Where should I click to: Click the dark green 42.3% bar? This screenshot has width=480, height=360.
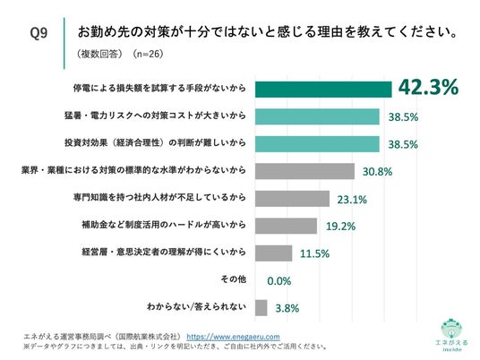323,90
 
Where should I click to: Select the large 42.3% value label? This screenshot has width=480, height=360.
428,87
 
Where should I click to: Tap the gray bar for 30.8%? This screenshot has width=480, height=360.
304,171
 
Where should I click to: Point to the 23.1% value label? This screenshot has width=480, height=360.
352,200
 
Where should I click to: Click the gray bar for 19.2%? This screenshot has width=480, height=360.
286,226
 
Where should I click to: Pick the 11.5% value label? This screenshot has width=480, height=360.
314,253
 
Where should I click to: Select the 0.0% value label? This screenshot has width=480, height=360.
279,281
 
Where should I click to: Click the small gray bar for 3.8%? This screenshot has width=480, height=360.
261,308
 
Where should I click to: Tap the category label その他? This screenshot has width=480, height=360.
234,279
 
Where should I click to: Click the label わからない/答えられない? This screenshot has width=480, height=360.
196,306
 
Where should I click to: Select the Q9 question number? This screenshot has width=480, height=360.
39,33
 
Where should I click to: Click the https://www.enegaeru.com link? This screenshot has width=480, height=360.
233,337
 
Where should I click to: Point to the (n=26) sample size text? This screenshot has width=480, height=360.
148,54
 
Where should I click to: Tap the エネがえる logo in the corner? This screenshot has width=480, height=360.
452,336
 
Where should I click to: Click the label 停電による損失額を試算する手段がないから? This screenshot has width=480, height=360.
159,88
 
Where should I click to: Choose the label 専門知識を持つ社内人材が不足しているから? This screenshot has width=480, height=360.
159,197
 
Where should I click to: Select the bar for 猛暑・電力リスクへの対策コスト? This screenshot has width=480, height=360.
317,116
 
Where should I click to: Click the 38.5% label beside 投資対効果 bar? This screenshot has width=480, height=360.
403,144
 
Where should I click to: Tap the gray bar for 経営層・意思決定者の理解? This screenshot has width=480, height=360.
274,253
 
